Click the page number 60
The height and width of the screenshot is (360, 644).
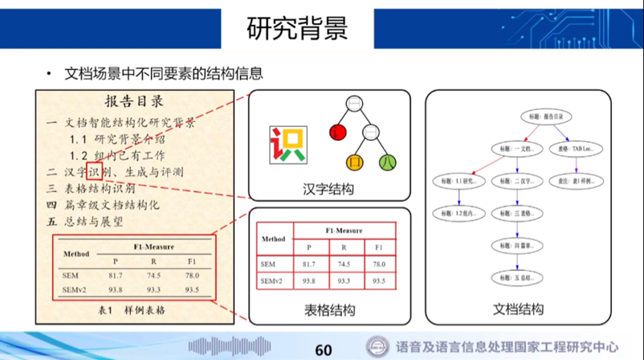324,350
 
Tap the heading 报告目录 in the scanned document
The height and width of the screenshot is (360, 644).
134,102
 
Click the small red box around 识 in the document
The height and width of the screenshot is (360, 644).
93,171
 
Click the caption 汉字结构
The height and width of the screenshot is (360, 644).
329,190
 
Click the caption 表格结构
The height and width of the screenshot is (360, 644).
329,311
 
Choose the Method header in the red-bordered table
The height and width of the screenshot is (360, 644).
274,239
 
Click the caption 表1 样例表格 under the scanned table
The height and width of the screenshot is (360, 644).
132,309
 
